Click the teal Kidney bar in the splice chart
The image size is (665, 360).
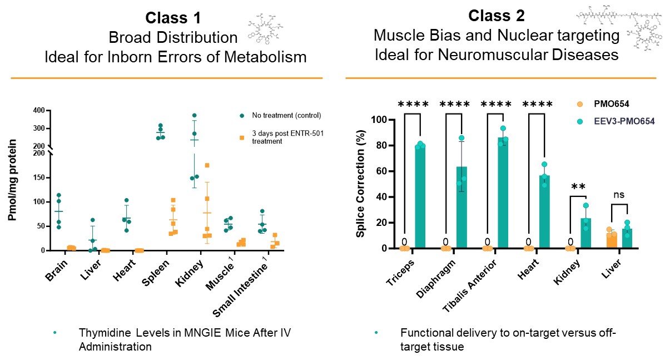click(586, 234)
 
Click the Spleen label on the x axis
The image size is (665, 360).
click(155, 269)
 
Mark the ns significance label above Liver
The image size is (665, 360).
click(619, 196)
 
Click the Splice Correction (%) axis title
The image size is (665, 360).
click(360, 184)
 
